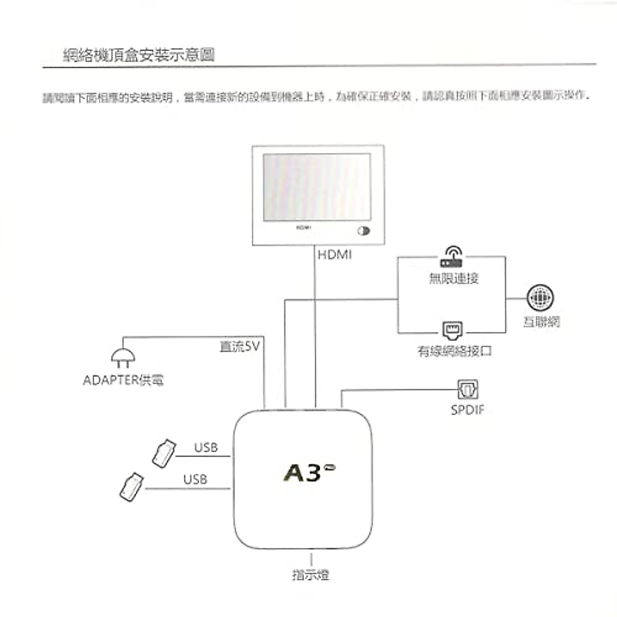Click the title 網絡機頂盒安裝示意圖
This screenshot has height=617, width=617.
coord(139,55)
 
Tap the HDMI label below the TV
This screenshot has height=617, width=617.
coord(335,255)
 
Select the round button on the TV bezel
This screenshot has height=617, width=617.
coord(364,231)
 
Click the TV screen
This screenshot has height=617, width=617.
coord(317,187)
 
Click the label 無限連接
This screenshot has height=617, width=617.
coord(453,279)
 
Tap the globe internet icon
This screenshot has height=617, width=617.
coord(540,298)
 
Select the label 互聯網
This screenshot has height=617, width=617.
coord(541,322)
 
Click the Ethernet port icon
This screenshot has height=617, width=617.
coord(452,330)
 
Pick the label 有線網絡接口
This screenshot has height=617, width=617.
coord(455,351)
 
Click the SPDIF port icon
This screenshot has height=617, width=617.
coord(467,389)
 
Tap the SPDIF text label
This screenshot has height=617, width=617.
coord(467,410)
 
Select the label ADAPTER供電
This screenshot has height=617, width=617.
coord(123,380)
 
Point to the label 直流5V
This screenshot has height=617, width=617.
coord(240,347)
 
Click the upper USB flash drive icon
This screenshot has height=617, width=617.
coord(164,453)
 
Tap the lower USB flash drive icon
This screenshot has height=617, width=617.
coord(132,486)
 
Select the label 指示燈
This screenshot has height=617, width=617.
coord(311,575)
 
